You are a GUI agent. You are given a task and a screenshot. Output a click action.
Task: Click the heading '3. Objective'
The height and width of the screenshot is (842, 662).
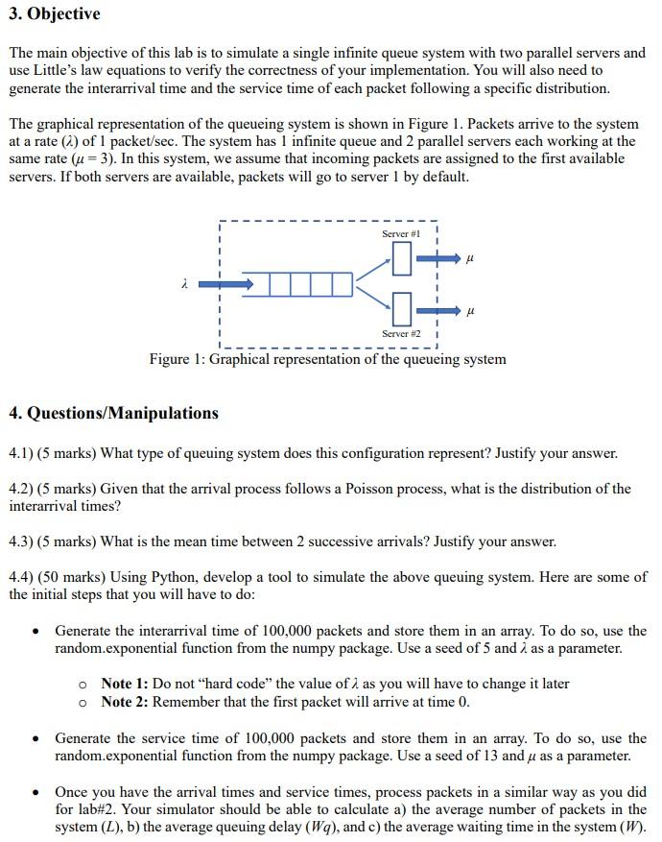55,14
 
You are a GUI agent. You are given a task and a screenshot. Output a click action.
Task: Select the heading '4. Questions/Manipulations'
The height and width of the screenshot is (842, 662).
113,414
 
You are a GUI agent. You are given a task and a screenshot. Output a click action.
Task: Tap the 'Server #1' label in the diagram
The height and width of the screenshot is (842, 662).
402,234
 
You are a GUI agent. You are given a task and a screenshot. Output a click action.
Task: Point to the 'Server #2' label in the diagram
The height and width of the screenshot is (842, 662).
402,333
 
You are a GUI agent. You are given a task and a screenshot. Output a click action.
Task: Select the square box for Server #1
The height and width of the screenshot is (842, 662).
403,257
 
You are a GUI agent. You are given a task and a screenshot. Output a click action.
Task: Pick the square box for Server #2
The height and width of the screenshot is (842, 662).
403,310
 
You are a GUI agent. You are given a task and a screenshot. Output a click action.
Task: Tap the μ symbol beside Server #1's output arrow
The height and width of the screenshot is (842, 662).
469,257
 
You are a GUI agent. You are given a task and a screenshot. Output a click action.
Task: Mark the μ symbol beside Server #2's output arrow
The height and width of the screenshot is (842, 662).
469,311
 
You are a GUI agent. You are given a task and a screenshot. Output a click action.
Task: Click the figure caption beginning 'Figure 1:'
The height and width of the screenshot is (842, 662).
327,359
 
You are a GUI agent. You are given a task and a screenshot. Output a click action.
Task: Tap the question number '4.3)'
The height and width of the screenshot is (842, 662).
21,541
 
